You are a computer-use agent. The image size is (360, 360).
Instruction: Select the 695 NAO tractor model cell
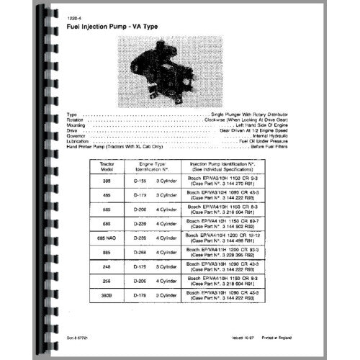pyautogui.click(x=109, y=256)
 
